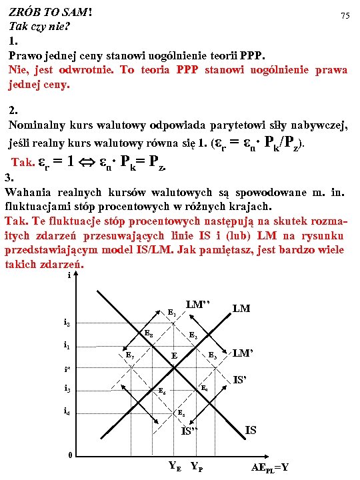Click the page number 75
coord(345,15)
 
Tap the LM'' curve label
coord(199,305)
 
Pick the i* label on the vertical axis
coord(67,368)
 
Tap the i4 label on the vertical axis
coord(67,411)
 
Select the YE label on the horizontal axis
coord(175,466)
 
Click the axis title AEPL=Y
coord(270,467)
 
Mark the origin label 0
coord(69,455)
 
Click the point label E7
coord(131,355)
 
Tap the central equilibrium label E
coord(174,356)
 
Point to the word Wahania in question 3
coord(27,191)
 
